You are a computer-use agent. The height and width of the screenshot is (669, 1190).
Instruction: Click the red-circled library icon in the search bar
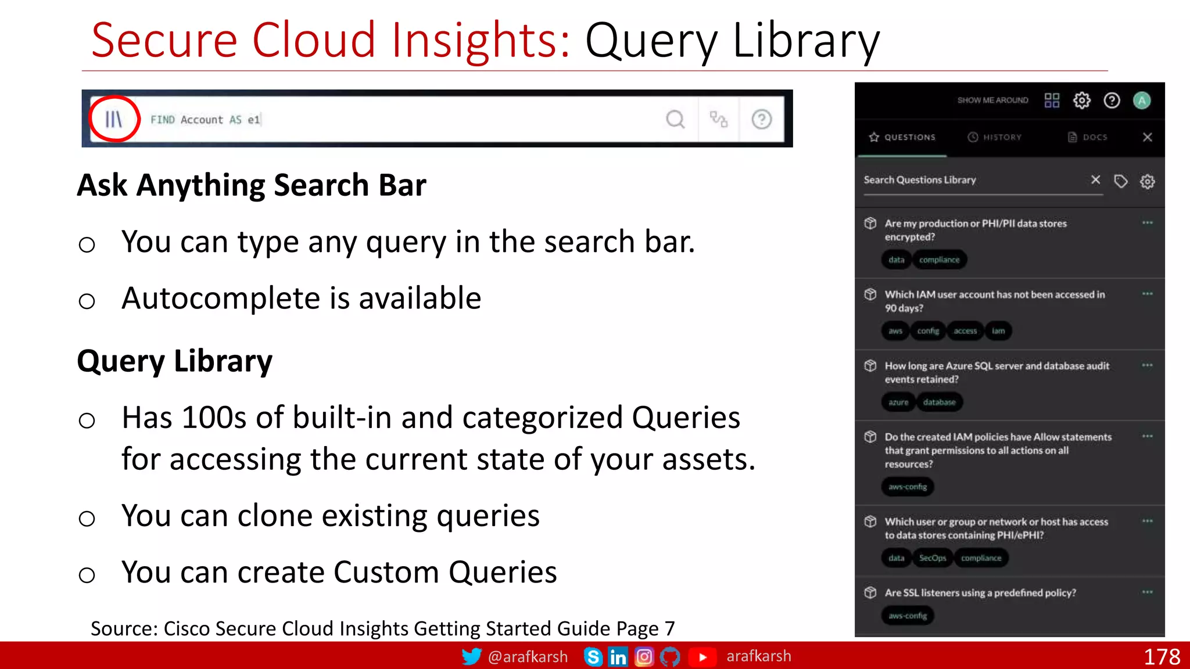114,119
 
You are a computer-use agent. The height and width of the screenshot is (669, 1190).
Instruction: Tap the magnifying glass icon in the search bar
675,120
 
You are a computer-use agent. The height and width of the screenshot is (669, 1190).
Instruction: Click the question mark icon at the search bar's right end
761,120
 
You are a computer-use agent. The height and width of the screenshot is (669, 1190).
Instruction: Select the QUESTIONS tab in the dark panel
902,138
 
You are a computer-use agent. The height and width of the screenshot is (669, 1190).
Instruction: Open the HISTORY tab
995,138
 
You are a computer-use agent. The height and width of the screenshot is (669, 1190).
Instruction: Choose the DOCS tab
1088,138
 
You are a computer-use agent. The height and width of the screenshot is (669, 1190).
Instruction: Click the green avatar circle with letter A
1142,100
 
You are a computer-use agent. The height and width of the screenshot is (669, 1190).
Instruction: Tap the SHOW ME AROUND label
992,100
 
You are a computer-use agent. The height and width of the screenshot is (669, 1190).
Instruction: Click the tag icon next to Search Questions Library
1120,181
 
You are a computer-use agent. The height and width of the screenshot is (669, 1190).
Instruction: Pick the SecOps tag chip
933,558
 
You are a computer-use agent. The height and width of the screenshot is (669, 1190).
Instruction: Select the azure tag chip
898,402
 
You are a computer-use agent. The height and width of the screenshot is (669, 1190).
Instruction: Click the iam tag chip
998,331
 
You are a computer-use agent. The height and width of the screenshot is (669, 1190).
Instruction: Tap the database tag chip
939,402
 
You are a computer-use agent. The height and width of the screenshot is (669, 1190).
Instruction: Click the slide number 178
1162,657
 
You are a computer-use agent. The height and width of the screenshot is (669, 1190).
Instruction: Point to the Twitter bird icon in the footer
471,657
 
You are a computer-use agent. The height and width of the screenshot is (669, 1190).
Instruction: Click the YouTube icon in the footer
702,657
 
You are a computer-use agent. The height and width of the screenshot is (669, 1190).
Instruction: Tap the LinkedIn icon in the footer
618,657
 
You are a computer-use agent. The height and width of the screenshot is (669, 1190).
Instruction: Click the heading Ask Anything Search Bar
252,185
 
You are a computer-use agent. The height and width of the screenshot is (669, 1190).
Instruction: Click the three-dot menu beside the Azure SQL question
1147,365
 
